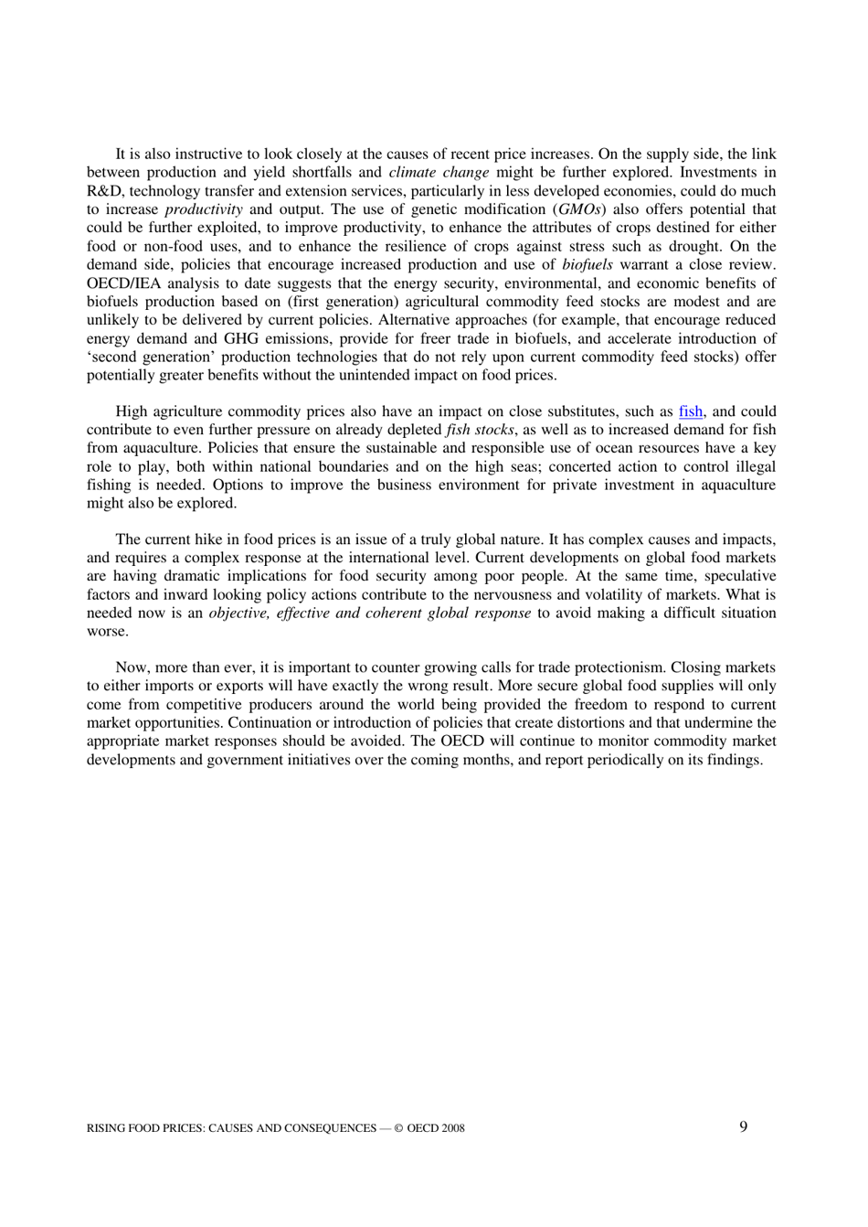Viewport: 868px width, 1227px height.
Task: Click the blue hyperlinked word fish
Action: (x=690, y=411)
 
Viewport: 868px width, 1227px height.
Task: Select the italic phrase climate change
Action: (x=439, y=173)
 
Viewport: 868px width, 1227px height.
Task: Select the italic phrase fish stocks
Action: (x=479, y=430)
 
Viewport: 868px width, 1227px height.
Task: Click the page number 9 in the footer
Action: (x=743, y=1126)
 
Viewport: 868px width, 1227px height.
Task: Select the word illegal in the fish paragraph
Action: (x=754, y=466)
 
